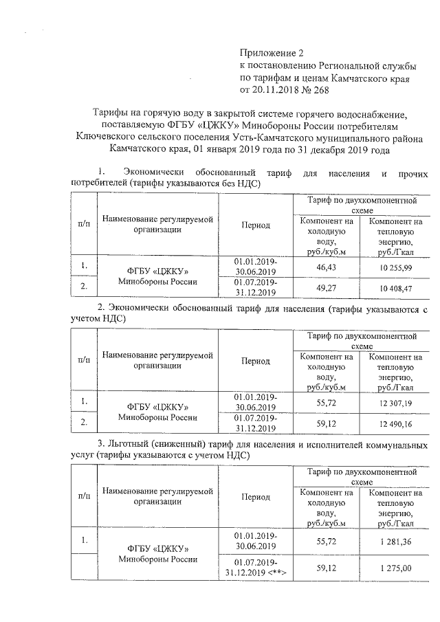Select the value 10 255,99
pos(395,266)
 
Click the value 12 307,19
pos(395,403)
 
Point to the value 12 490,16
pos(395,424)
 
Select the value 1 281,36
pos(395,542)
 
